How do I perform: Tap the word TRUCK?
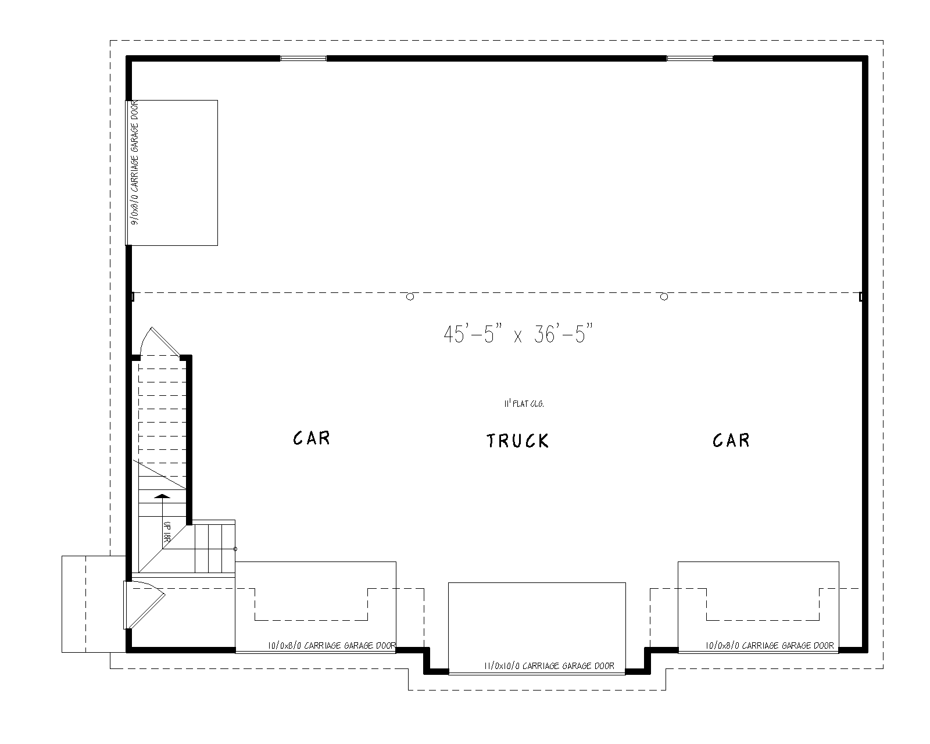[517, 441]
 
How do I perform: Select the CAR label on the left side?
[312, 438]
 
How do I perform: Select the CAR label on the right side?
[731, 440]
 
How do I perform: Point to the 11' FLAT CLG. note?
[524, 403]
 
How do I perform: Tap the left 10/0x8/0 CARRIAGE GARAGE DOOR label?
[332, 645]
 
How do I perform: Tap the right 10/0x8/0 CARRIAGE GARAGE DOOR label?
[770, 645]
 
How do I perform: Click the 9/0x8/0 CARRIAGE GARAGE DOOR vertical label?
[134, 164]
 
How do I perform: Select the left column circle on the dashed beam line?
[410, 296]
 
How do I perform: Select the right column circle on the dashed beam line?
[664, 296]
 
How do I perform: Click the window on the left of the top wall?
[303, 58]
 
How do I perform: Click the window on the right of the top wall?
[689, 58]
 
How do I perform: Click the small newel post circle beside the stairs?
[235, 549]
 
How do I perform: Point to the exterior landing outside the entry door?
[93, 604]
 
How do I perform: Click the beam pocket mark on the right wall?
[861, 296]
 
